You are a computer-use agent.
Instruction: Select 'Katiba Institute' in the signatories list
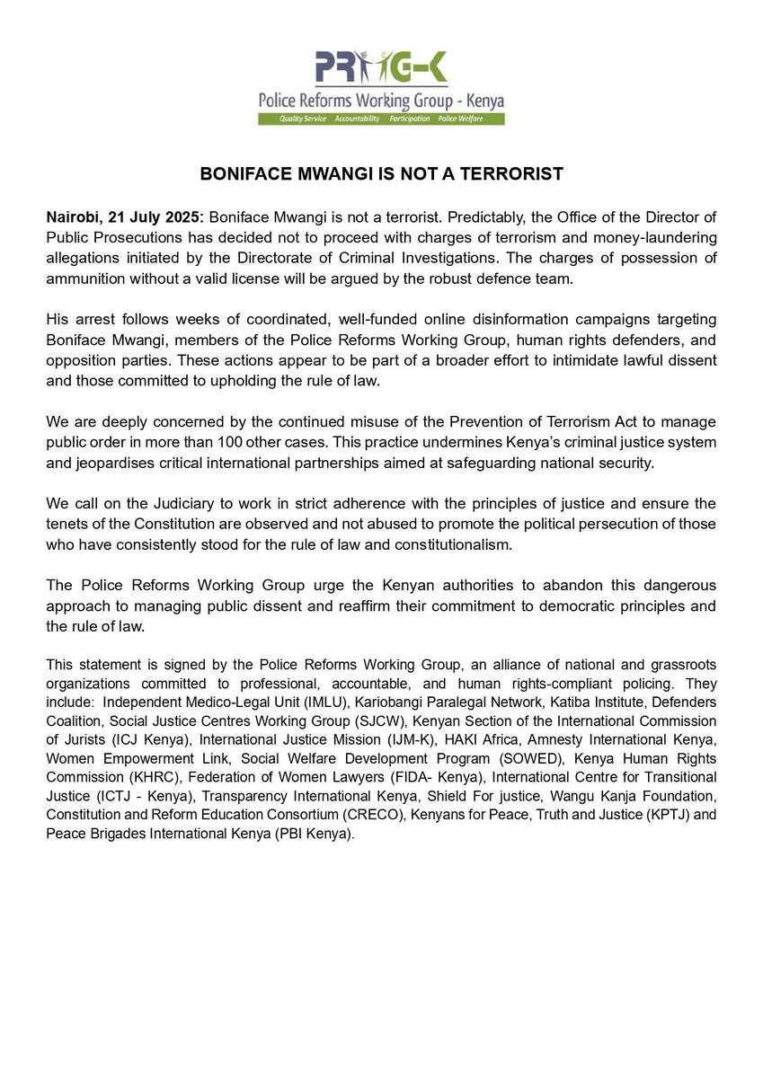(570, 703)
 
